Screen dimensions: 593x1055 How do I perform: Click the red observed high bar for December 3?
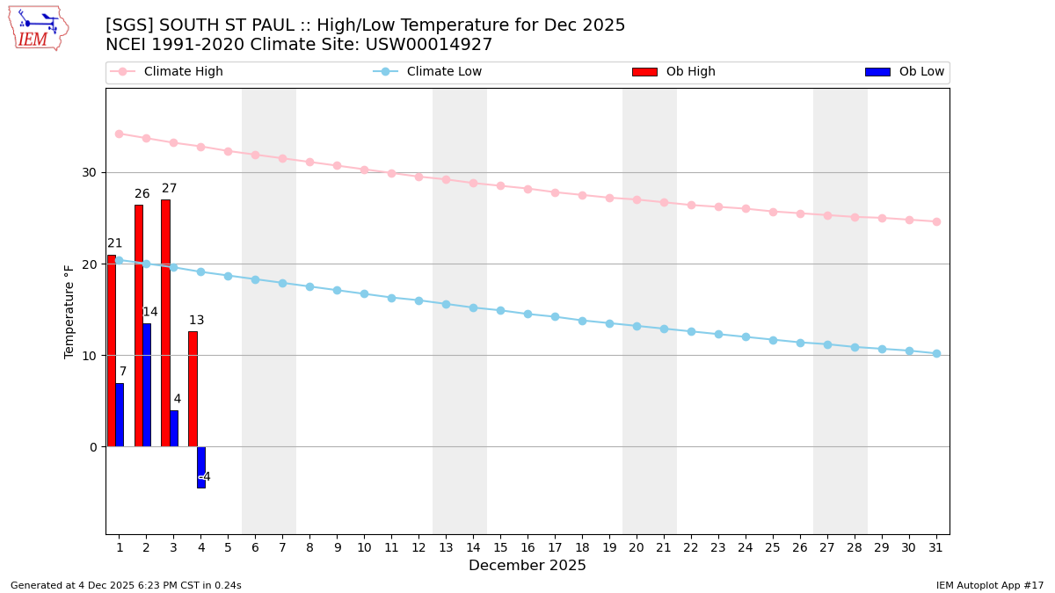165,323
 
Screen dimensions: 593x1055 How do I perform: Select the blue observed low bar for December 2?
147,385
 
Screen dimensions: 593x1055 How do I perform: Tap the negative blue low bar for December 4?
201,466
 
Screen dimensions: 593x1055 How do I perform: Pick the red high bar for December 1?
112,351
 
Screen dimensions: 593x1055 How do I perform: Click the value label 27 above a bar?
169,189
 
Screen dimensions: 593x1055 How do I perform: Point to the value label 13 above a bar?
196,321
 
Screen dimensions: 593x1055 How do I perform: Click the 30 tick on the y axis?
90,172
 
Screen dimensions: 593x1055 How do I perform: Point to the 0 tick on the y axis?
93,447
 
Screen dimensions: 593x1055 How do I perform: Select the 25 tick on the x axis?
773,548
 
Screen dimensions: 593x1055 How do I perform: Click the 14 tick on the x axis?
473,548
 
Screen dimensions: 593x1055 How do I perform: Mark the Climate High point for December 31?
936,221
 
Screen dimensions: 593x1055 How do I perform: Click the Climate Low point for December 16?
527,314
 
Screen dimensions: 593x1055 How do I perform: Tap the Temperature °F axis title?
70,311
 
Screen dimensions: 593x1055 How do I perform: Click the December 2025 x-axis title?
527,566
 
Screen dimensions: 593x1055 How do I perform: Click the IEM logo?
38,28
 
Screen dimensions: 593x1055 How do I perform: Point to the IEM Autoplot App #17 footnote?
990,585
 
